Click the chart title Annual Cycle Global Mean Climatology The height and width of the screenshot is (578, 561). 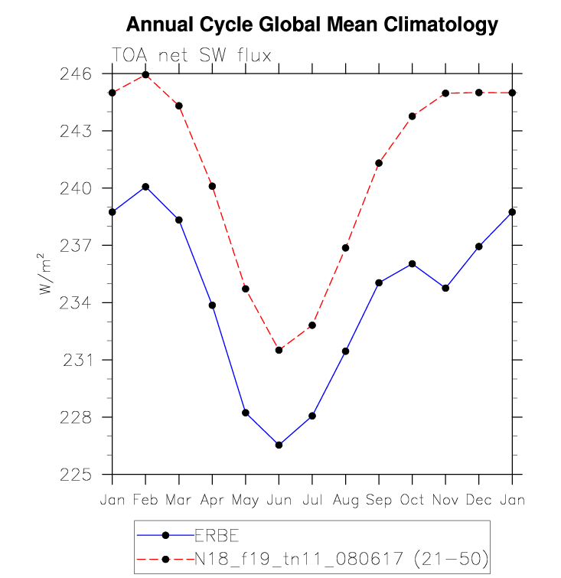point(311,24)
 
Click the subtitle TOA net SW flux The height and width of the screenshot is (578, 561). point(191,55)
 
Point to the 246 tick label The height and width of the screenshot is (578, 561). point(76,74)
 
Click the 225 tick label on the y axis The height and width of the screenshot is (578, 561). point(76,475)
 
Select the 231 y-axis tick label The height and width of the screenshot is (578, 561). point(77,360)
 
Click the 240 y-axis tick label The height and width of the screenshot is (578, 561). point(76,188)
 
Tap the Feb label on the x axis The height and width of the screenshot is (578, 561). point(145,500)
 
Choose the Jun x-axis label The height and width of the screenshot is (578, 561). point(279,500)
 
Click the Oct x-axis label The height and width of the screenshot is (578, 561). point(412,500)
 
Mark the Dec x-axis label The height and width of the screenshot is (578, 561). point(478,500)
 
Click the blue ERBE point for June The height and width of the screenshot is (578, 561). point(279,445)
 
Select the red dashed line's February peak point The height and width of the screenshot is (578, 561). point(145,75)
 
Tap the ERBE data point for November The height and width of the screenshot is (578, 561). point(445,288)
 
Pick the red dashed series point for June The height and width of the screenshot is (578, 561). point(279,350)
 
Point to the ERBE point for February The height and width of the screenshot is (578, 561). point(145,187)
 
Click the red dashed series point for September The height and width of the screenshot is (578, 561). point(379,163)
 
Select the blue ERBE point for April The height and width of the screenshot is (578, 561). point(212,305)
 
